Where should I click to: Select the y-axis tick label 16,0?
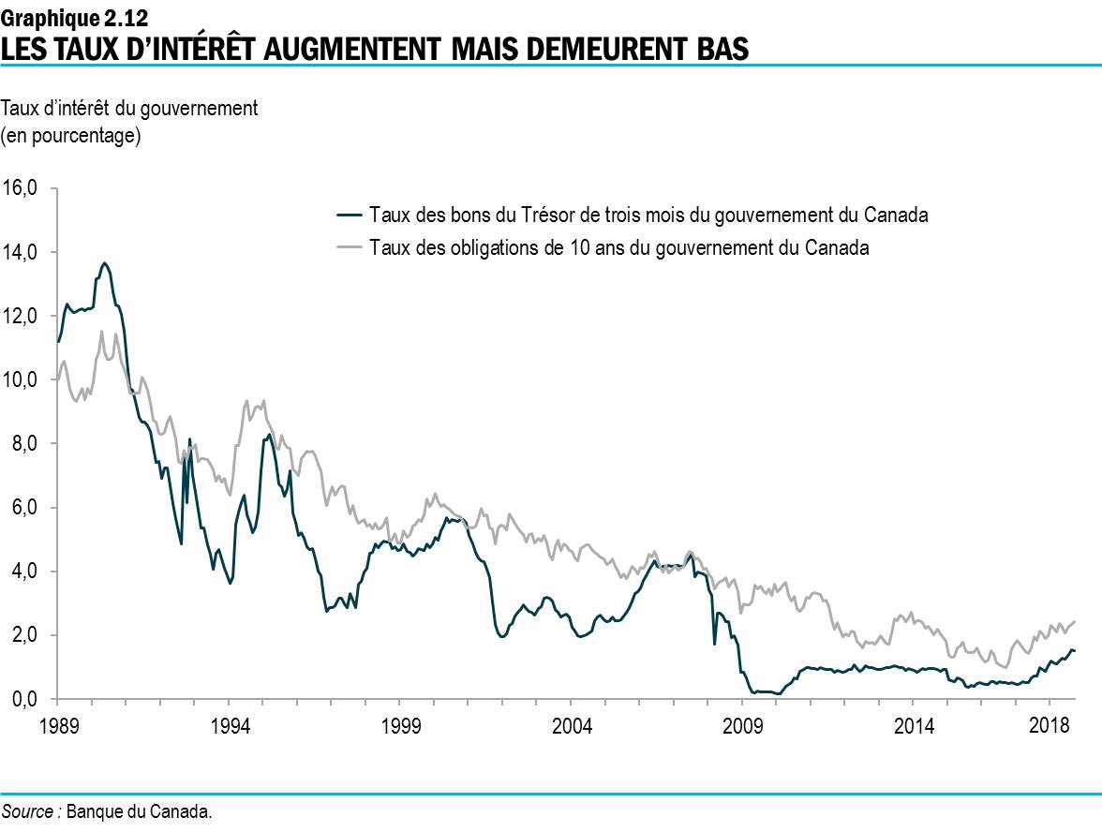coord(20,188)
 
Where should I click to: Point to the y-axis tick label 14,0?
coord(20,252)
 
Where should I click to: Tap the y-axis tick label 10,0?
coord(20,379)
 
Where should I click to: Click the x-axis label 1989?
coord(57,727)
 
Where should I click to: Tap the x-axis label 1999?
coord(400,727)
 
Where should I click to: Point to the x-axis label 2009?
coord(743,727)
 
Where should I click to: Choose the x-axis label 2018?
coord(1051,727)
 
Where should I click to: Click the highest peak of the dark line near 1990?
coord(105,263)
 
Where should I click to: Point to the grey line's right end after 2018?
coord(1074,621)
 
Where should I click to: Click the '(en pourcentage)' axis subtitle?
coord(71,137)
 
